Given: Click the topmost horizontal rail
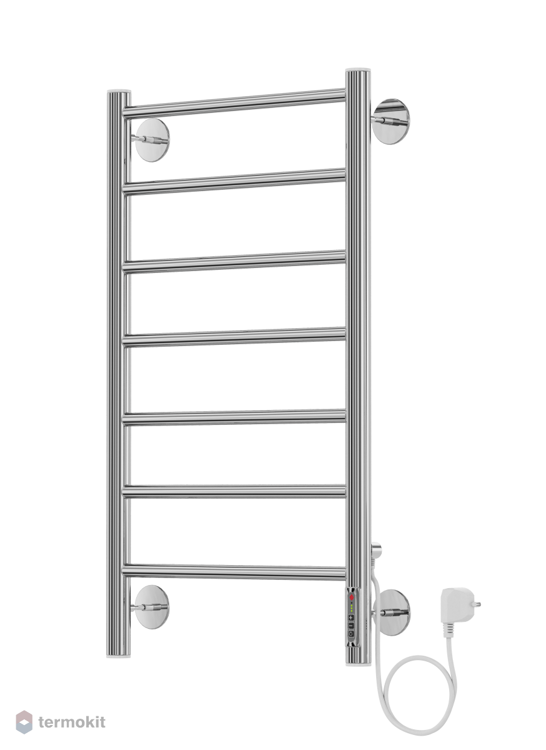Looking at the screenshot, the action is [234, 103].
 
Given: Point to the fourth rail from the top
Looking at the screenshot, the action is [234, 336].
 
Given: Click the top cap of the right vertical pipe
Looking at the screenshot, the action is [358, 69].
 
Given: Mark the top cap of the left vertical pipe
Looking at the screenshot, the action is [119, 91].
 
